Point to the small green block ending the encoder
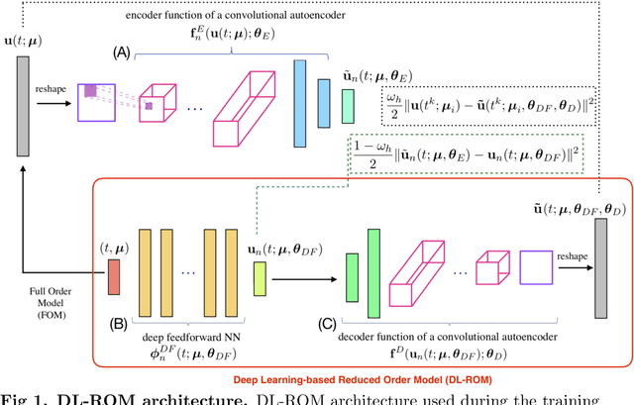(348, 103)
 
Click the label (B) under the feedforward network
(118, 322)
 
